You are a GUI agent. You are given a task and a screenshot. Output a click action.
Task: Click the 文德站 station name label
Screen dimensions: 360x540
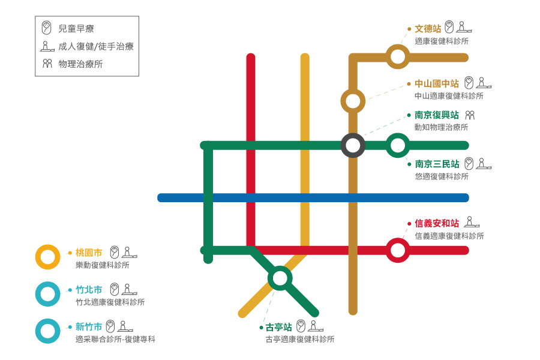(428, 29)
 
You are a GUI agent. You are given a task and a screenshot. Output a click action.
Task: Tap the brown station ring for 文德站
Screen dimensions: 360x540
(397, 57)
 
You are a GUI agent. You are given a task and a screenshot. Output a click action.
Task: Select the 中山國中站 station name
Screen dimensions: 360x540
(437, 84)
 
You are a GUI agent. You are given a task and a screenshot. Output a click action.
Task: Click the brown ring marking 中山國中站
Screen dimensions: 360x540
(353, 101)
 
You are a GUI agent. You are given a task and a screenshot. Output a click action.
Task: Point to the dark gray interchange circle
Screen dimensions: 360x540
(353, 145)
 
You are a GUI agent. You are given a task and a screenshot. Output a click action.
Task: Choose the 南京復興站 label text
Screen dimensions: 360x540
(437, 115)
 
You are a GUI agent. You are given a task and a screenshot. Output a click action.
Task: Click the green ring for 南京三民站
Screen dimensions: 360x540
(397, 145)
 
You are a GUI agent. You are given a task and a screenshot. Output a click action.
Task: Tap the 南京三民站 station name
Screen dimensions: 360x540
(437, 164)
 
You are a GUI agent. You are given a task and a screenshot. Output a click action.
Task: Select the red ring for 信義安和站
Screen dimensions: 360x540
(397, 250)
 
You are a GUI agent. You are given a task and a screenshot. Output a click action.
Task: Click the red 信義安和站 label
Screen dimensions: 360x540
(437, 223)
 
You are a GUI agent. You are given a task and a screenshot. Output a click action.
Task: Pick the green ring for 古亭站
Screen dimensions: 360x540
(280, 278)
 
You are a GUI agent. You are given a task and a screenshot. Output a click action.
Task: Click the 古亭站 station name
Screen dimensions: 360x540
(279, 327)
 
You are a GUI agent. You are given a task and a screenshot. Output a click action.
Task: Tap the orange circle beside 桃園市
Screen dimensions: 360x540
(48, 257)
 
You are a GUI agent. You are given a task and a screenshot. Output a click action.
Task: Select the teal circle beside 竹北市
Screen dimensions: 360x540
(48, 294)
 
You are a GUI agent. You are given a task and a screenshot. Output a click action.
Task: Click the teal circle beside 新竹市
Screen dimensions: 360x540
(48, 331)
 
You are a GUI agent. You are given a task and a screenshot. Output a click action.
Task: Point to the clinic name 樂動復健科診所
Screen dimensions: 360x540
(103, 265)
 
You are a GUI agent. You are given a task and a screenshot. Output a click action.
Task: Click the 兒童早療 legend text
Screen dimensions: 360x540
(76, 28)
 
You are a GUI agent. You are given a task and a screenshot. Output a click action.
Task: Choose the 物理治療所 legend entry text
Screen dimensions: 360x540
(80, 64)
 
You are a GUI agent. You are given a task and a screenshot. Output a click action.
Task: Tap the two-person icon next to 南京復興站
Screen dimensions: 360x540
(470, 115)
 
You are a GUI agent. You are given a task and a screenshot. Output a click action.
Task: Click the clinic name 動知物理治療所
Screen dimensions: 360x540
(441, 127)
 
